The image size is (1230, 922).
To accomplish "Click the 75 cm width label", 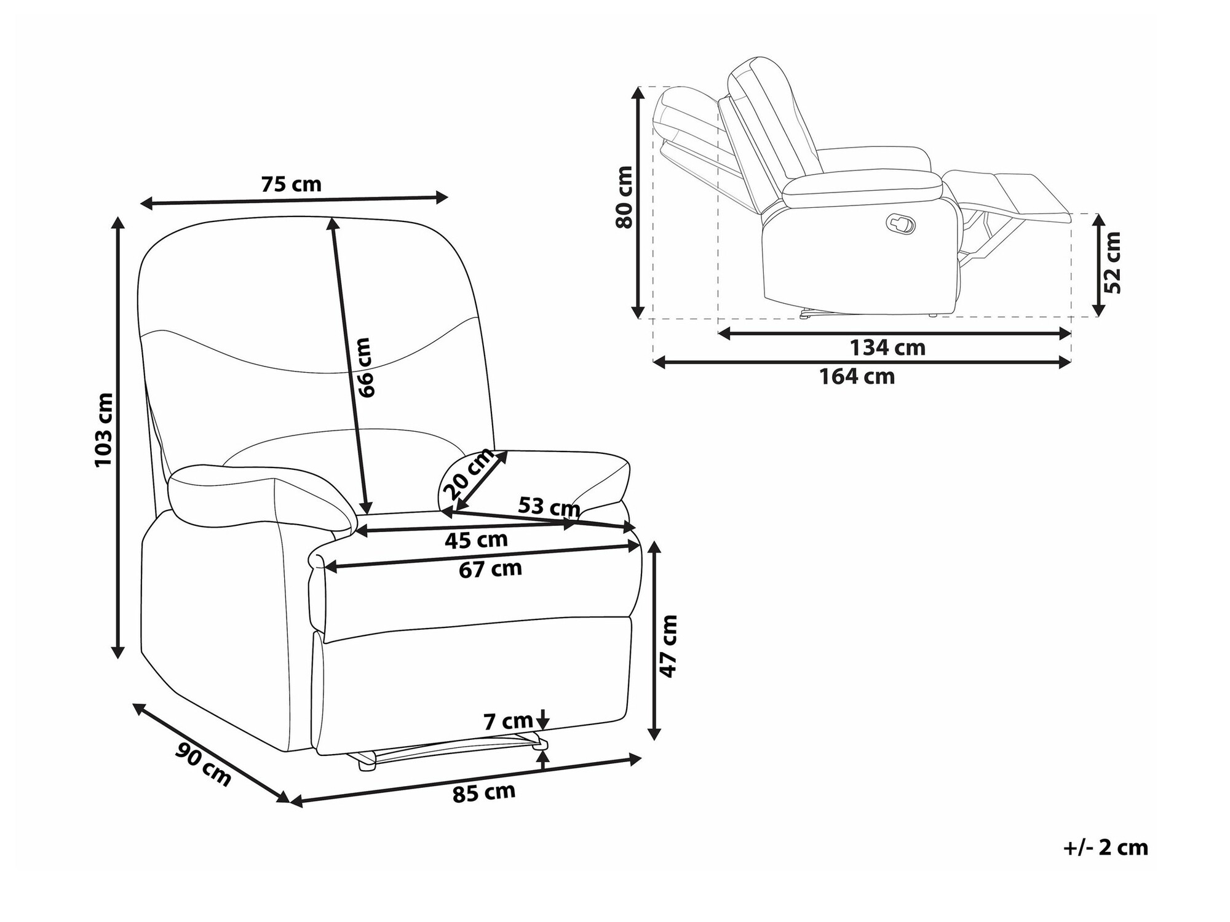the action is point(291,184).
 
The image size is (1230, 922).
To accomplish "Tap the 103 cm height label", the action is point(105,429).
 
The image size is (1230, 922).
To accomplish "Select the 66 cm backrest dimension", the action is point(364,367).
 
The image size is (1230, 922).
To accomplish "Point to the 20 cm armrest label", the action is point(469,474).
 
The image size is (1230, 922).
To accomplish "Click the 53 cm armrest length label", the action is point(549,507).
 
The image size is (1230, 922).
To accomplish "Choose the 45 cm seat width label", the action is point(476,540).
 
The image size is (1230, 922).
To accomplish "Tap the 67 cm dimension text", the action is point(490,569).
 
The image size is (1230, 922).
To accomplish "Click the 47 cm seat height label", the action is point(668,645).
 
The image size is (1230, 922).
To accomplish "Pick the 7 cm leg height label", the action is point(508,720).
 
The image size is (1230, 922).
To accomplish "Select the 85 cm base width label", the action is point(484,792).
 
